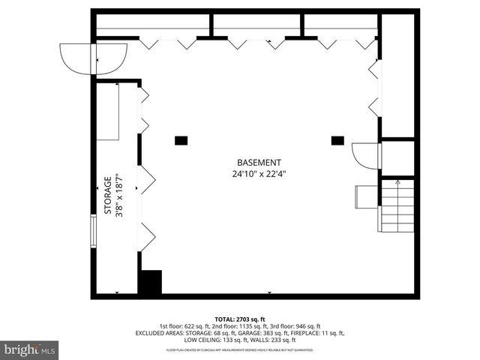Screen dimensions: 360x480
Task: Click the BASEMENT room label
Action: pyautogui.click(x=259, y=163)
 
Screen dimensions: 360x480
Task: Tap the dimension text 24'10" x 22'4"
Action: pyautogui.click(x=259, y=174)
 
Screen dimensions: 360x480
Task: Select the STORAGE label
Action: pyautogui.click(x=108, y=196)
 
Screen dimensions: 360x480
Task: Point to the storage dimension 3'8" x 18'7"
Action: pyautogui.click(x=118, y=196)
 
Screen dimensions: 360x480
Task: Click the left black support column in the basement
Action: pyautogui.click(x=181, y=140)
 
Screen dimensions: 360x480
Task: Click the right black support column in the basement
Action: pyautogui.click(x=337, y=140)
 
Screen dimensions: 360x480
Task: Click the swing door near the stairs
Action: pyautogui.click(x=366, y=155)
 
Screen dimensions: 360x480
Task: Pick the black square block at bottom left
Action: pyautogui.click(x=151, y=282)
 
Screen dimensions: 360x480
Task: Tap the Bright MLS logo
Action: pyautogui.click(x=29, y=349)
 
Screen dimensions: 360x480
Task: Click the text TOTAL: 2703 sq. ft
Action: pyautogui.click(x=240, y=319)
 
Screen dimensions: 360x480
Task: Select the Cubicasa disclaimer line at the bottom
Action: pyautogui.click(x=240, y=350)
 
